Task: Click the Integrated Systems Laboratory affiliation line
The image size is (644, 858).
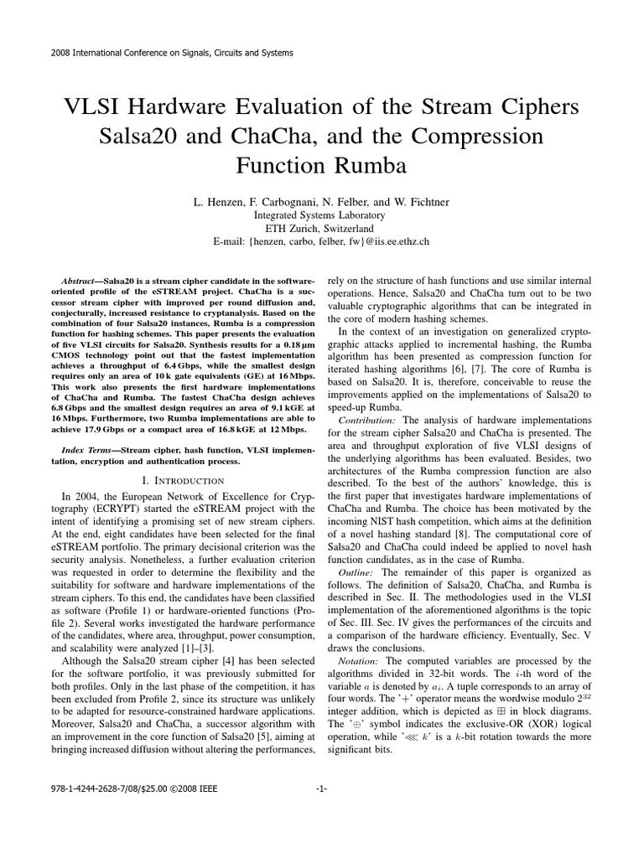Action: pos(322,214)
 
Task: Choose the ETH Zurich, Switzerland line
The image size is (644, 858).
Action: pos(322,228)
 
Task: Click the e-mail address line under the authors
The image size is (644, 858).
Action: pos(322,241)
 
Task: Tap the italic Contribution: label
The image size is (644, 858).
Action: pos(367,419)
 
